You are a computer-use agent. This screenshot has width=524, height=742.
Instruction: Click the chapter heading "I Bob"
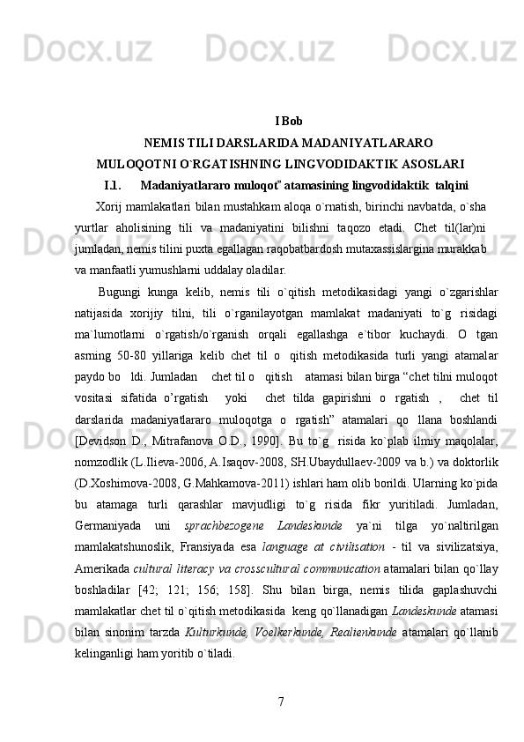point(290,121)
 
